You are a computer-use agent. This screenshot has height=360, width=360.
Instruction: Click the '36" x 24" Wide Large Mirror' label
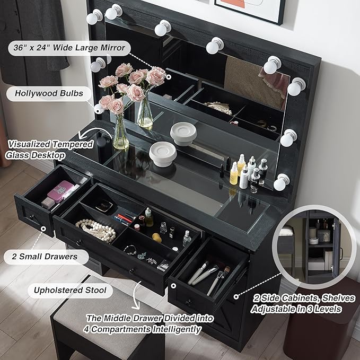pos(69,48)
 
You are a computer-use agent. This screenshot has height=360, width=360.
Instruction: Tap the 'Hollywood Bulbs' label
pos(49,93)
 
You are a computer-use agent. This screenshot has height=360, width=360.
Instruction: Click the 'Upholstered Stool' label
pos(70,290)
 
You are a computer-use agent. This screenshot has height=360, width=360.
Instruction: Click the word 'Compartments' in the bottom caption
pos(120,329)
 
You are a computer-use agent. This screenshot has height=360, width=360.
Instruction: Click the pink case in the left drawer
pos(60,191)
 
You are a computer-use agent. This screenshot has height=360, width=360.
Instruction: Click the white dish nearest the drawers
pos(163,154)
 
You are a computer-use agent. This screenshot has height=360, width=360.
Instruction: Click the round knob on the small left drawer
pos(31,216)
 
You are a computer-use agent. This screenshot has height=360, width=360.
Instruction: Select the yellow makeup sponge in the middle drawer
pos(157,238)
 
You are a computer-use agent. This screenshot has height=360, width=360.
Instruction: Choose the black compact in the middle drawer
pos(104,206)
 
